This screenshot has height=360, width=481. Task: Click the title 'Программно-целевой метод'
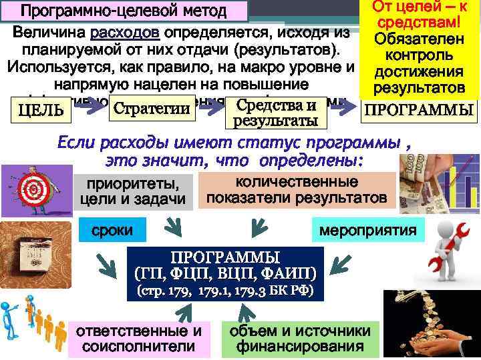[x=123, y=11]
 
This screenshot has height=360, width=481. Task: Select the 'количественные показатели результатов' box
[x=297, y=190]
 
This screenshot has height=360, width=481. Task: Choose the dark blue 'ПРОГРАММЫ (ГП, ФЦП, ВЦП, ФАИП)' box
[x=225, y=265]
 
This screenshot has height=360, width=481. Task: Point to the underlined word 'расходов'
[x=126, y=33]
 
